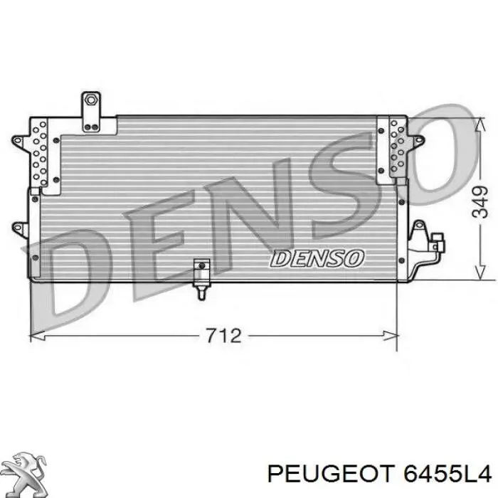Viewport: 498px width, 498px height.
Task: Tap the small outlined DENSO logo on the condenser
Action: coord(317,258)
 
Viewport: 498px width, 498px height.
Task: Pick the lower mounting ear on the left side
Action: coord(18,228)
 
